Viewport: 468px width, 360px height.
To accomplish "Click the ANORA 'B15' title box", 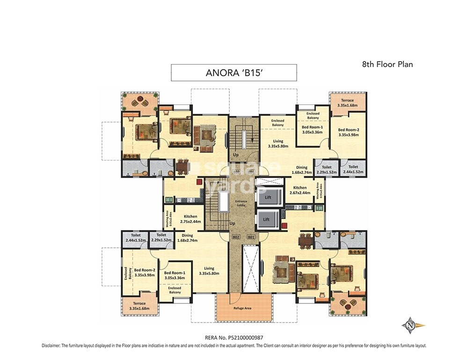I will (234, 73).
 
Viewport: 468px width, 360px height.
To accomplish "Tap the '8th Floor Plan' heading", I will (388, 65).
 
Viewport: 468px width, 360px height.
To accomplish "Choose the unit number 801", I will (251, 237).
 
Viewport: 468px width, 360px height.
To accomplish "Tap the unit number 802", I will (236, 237).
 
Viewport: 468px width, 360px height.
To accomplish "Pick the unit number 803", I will (236, 172).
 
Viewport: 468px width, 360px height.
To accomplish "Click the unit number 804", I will (251, 172).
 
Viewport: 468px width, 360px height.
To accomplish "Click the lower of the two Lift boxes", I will (266, 219).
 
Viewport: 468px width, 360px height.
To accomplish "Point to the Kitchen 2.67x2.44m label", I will (300, 190).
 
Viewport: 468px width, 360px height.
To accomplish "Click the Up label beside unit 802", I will (232, 223).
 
